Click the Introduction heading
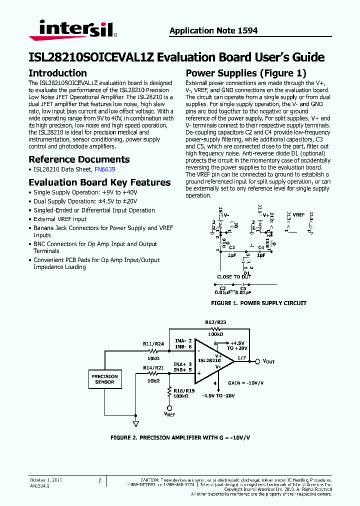(x=57, y=73)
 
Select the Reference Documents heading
(x=79, y=159)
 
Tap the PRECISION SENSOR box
(x=104, y=379)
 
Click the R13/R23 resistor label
(x=215, y=322)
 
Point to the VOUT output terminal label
(x=268, y=361)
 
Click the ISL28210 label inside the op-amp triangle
(x=209, y=360)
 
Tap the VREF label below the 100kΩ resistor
(x=169, y=414)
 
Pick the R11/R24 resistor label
(x=153, y=344)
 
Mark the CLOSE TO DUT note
(x=234, y=276)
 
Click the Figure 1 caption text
(x=258, y=303)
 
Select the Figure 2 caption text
(x=180, y=438)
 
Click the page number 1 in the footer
(x=99, y=480)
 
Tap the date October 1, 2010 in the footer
(x=46, y=480)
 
